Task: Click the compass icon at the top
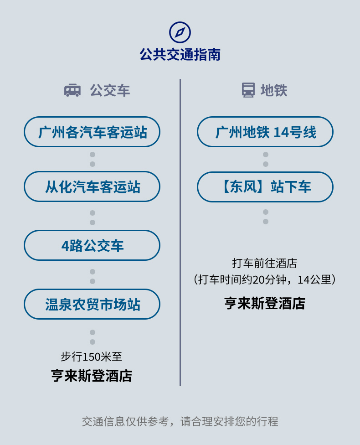tap(180, 32)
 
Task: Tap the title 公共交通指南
tap(180, 55)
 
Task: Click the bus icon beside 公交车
tap(72, 90)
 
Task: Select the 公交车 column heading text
tap(110, 90)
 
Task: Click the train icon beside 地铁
tap(248, 90)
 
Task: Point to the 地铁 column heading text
tap(274, 90)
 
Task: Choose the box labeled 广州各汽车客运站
tap(92, 132)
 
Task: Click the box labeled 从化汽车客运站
tap(92, 186)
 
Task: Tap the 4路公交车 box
tap(92, 245)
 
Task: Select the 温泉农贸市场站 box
tap(92, 304)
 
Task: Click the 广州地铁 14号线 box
tap(265, 132)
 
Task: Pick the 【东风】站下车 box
tap(265, 186)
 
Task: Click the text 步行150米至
tap(92, 357)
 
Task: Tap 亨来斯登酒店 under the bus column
tap(92, 376)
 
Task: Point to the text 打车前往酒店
tap(265, 263)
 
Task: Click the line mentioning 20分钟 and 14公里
tap(265, 279)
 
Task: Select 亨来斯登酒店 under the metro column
tap(265, 303)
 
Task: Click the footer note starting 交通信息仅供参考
tap(180, 421)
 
